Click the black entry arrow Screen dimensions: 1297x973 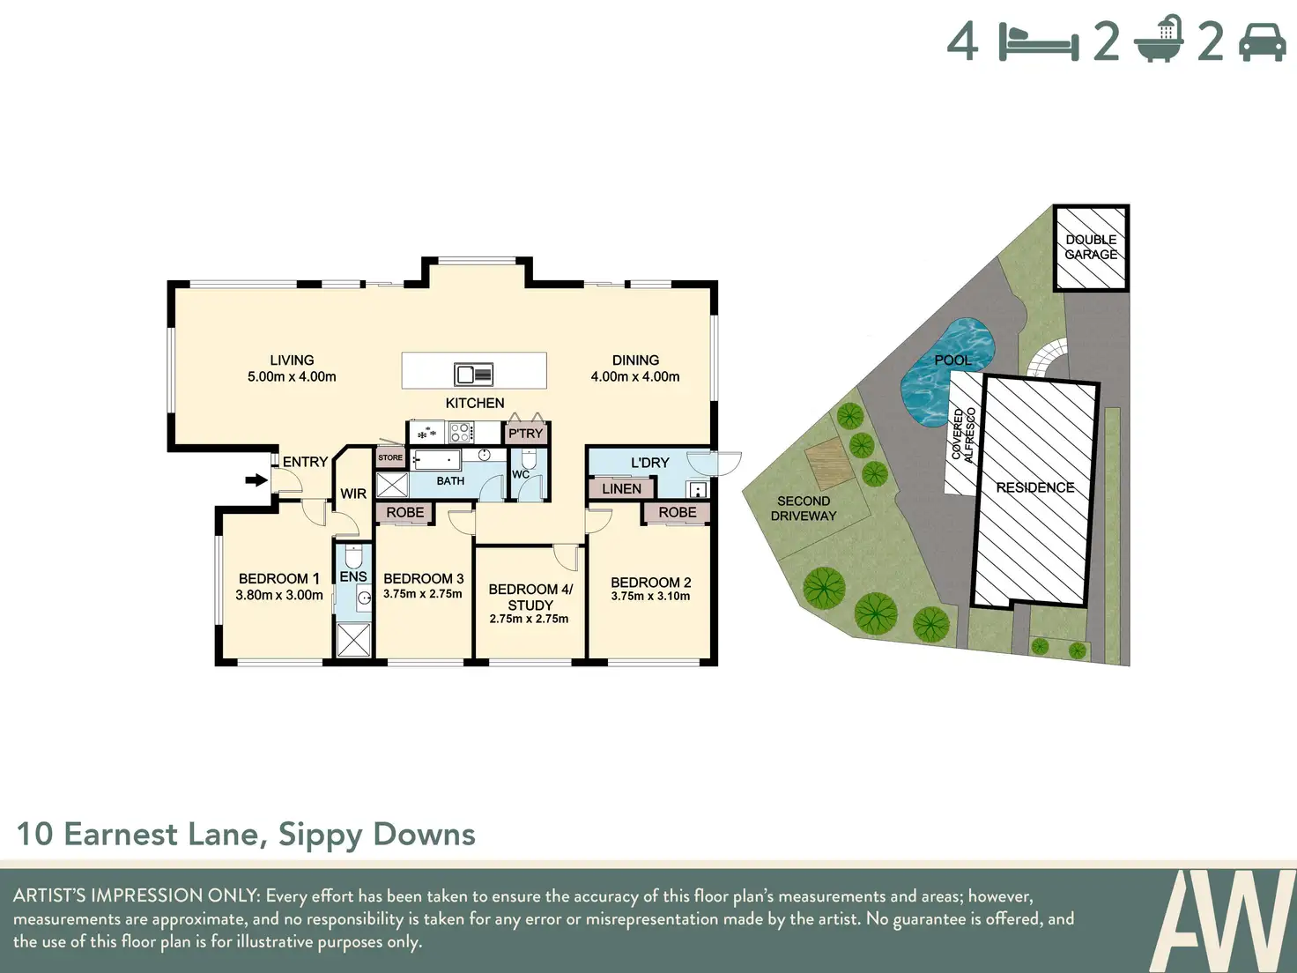pyautogui.click(x=256, y=480)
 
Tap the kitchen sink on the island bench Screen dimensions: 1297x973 pyautogui.click(x=473, y=375)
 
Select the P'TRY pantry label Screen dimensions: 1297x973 pyautogui.click(x=525, y=434)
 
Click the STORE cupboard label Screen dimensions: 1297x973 pyautogui.click(x=390, y=457)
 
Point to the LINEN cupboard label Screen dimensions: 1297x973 pyautogui.click(x=621, y=489)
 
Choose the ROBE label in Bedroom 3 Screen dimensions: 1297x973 pyautogui.click(x=404, y=513)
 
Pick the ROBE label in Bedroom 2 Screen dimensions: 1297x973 pyautogui.click(x=678, y=513)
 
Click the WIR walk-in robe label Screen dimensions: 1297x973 pyautogui.click(x=353, y=494)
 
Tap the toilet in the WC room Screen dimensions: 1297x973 pyautogui.click(x=529, y=458)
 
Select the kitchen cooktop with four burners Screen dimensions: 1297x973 pyautogui.click(x=460, y=433)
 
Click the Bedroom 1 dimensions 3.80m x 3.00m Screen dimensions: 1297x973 pyautogui.click(x=279, y=596)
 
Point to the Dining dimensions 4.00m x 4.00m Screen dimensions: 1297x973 pyautogui.click(x=635, y=377)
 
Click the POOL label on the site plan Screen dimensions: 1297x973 pyautogui.click(x=953, y=360)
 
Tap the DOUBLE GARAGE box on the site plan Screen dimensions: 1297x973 pyautogui.click(x=1092, y=248)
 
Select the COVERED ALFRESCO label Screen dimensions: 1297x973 pyautogui.click(x=962, y=435)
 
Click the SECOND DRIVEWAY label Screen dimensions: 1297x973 pyautogui.click(x=804, y=509)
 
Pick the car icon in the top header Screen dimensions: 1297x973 pyautogui.click(x=1262, y=42)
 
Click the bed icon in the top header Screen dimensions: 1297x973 pyautogui.click(x=1039, y=42)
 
